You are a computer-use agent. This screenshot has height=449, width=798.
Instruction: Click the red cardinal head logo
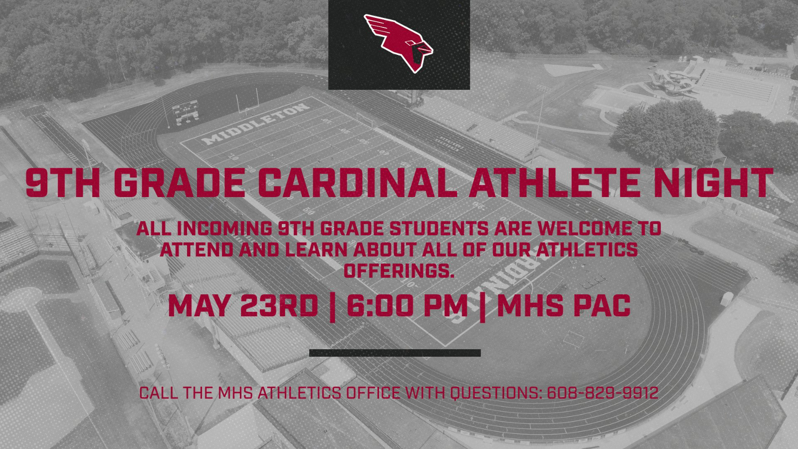click(399, 43)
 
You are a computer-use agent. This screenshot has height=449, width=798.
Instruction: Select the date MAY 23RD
click(243, 305)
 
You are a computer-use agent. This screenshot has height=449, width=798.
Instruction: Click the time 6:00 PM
click(407, 305)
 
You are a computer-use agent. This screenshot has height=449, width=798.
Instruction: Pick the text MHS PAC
click(564, 305)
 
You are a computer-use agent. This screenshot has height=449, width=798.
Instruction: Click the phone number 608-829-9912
click(602, 393)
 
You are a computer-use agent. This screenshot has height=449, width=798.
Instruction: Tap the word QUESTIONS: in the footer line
click(496, 393)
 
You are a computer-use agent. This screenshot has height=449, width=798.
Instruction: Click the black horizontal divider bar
click(395, 353)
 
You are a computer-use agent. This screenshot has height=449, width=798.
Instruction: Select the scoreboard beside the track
click(186, 112)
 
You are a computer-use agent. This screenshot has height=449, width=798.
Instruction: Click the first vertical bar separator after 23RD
click(333, 305)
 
